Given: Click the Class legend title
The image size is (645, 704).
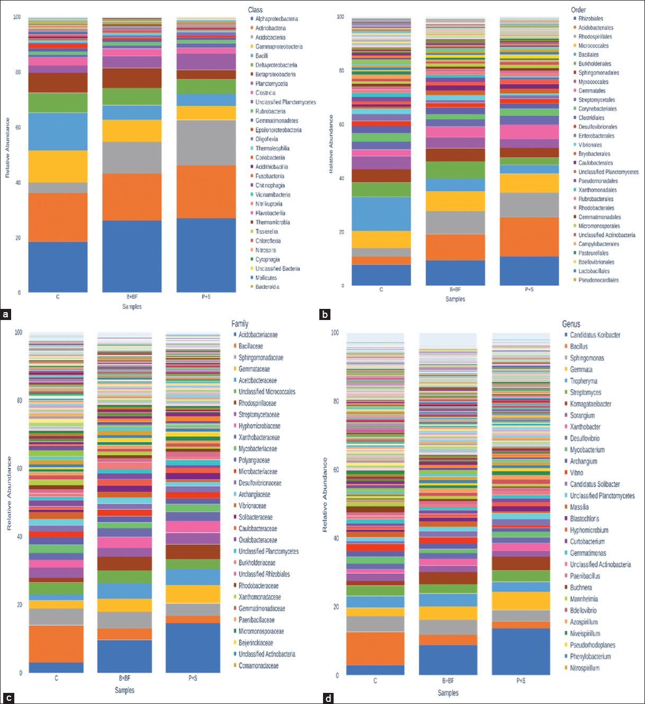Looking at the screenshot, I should (x=255, y=10).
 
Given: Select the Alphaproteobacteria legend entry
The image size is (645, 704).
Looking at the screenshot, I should (x=276, y=19).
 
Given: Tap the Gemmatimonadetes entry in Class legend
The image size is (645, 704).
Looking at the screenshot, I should (x=276, y=121).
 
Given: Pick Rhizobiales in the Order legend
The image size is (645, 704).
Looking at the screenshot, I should (x=590, y=19).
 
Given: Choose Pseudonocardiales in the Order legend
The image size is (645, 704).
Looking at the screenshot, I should (x=598, y=280).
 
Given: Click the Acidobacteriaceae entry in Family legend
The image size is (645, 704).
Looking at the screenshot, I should (x=258, y=335).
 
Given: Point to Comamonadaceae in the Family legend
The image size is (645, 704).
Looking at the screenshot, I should (x=258, y=665).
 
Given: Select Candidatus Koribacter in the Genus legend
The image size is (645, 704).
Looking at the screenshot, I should (x=595, y=335).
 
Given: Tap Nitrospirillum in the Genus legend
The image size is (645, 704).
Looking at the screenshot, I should (x=585, y=668).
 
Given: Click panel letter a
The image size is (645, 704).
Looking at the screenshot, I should (x=6, y=315).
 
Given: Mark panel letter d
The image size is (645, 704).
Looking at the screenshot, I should (x=329, y=698).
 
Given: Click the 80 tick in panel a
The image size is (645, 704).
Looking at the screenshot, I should (x=17, y=72).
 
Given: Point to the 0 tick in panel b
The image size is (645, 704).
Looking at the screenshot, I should (x=343, y=286).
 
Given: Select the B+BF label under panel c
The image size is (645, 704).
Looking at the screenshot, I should (x=124, y=678).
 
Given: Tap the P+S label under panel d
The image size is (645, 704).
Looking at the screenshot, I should (x=521, y=681).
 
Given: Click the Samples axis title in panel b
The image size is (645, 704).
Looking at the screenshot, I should (x=455, y=299).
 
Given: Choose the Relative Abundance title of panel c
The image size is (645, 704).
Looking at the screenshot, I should (x=9, y=493).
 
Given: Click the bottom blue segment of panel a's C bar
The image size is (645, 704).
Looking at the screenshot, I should (x=58, y=267).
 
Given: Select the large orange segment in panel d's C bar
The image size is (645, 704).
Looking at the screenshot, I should (x=375, y=648).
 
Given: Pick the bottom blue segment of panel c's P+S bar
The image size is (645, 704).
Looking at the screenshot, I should (x=193, y=648).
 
